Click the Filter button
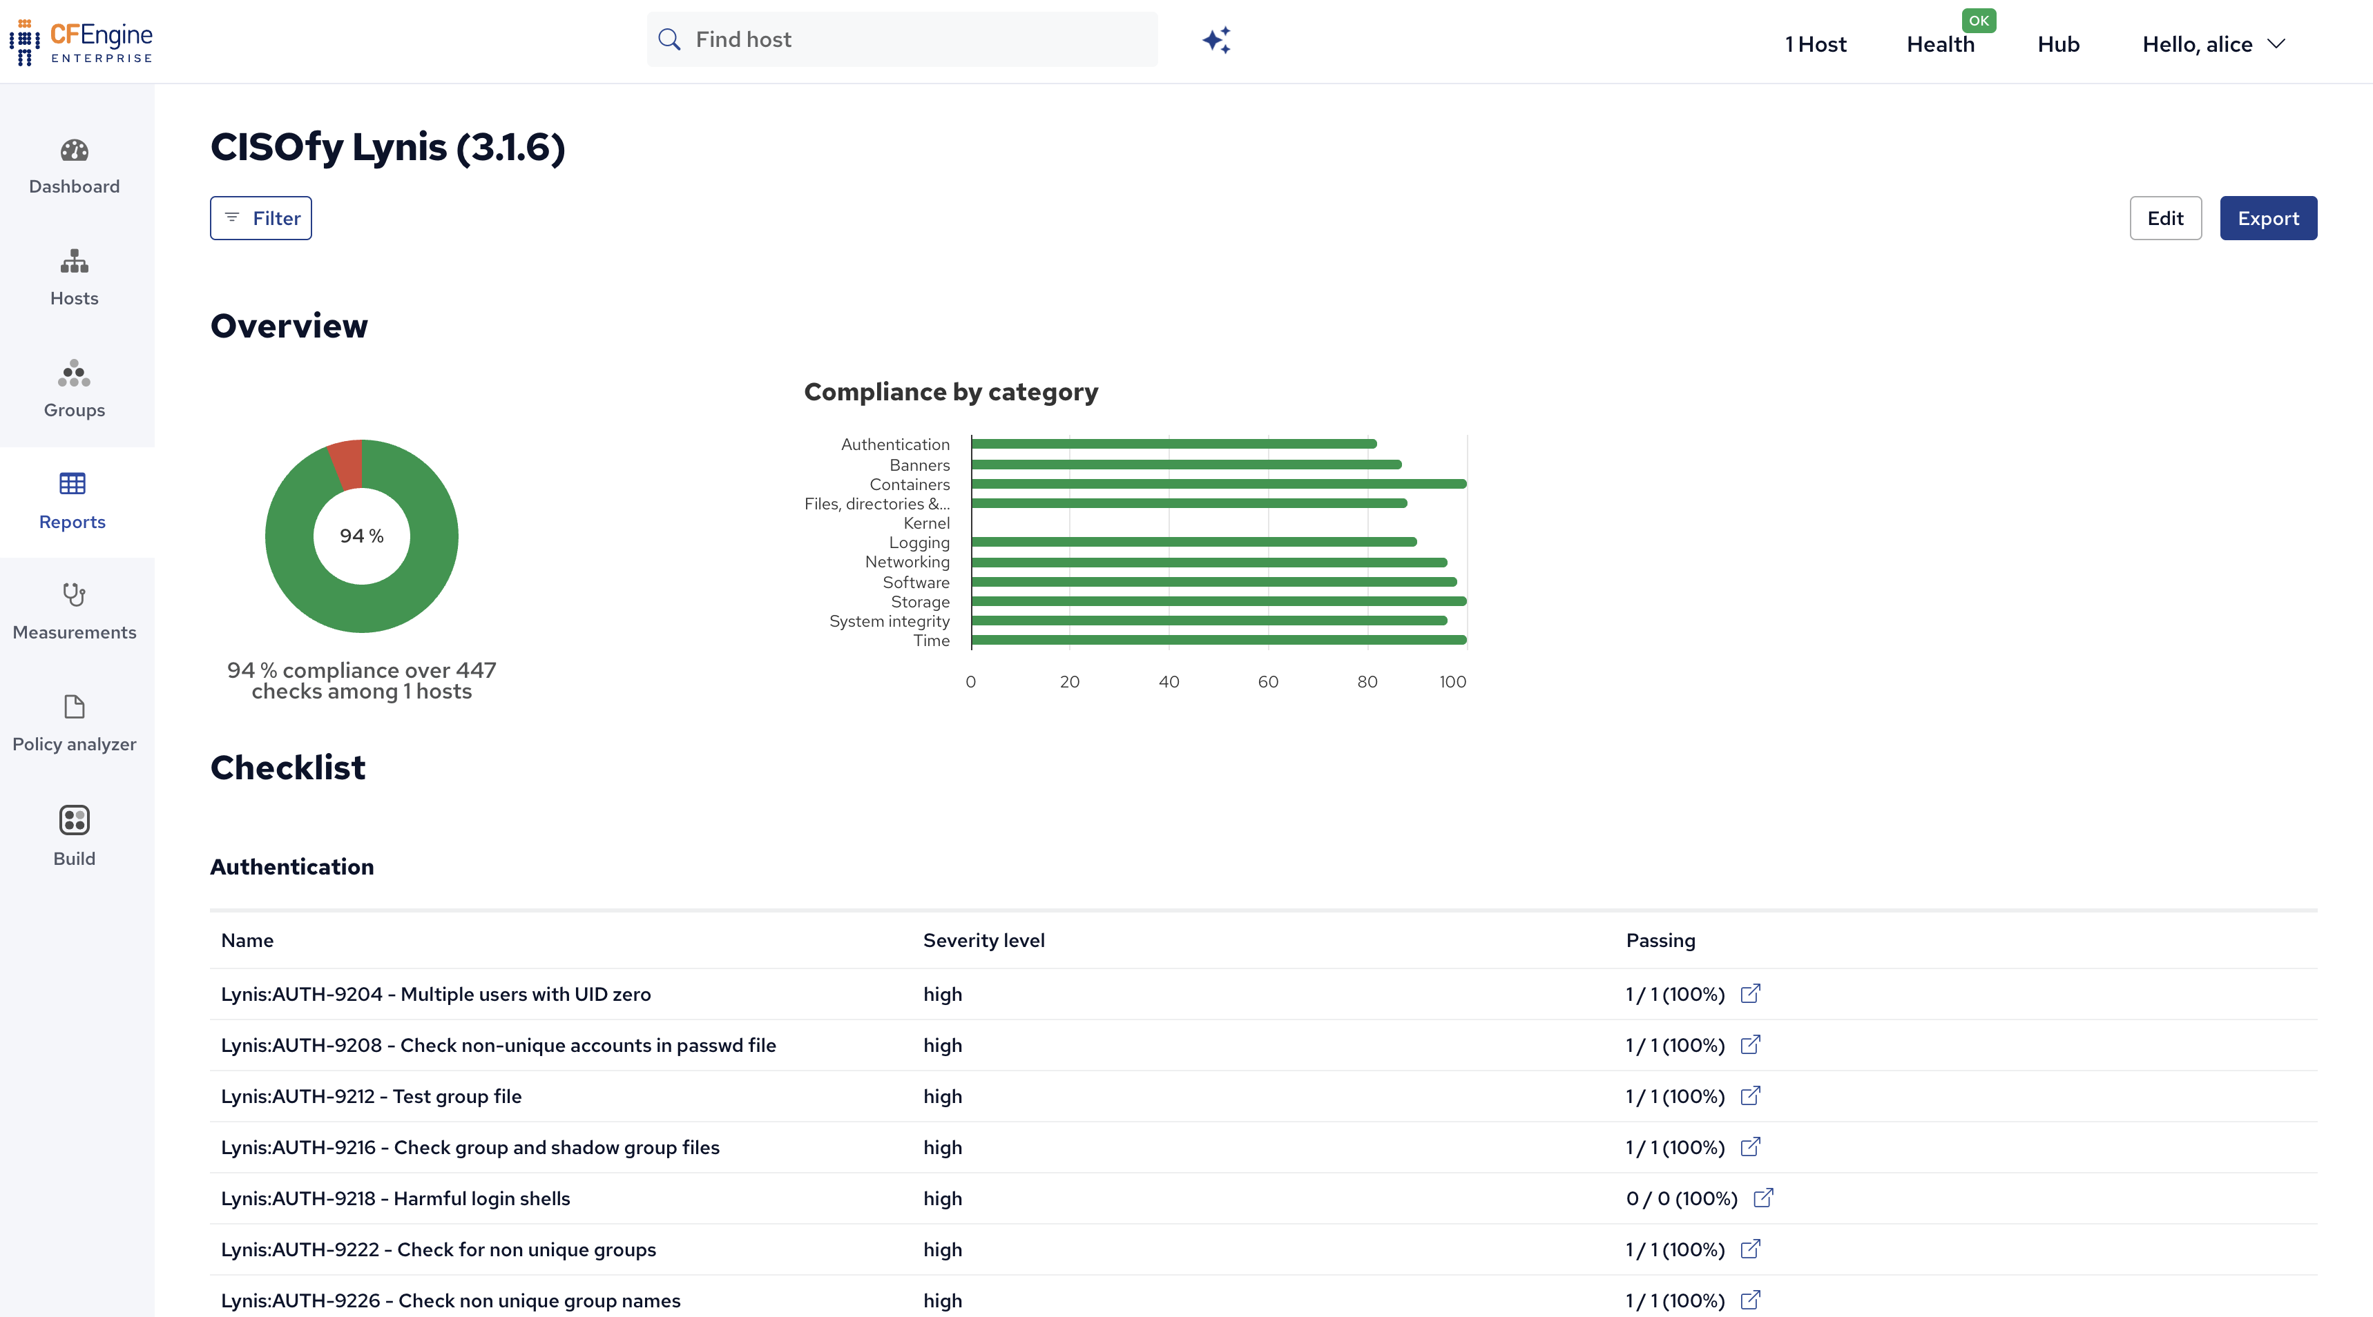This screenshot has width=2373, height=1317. pyautogui.click(x=260, y=218)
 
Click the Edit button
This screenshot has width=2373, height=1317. pyautogui.click(x=2165, y=218)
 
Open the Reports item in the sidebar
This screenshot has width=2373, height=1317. pyautogui.click(x=73, y=502)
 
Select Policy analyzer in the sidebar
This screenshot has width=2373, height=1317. pyautogui.click(x=75, y=725)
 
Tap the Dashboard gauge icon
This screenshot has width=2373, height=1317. pyautogui.click(x=75, y=150)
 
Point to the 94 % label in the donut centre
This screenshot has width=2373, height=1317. pyautogui.click(x=362, y=536)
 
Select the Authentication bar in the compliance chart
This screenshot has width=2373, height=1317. pyautogui.click(x=1173, y=444)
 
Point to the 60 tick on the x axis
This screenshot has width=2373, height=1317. pyautogui.click(x=1267, y=681)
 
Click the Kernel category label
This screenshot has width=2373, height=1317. pyautogui.click(x=927, y=523)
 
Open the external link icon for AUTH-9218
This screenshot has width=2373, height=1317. pyautogui.click(x=1763, y=1198)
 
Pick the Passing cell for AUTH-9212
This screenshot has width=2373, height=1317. pyautogui.click(x=1675, y=1096)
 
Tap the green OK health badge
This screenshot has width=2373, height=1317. pyautogui.click(x=1979, y=20)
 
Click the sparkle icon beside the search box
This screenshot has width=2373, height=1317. pyautogui.click(x=1217, y=39)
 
